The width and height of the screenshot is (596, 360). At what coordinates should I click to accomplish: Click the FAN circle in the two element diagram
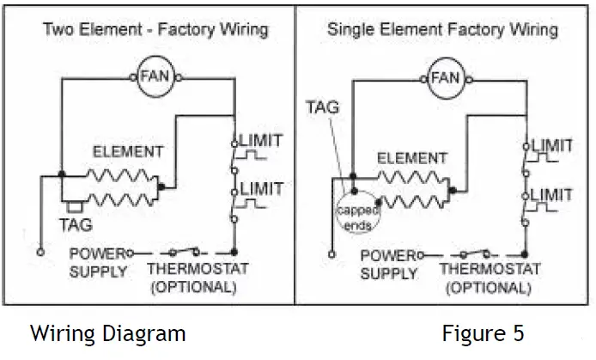155,76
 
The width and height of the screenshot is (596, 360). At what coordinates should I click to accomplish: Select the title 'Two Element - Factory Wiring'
155,30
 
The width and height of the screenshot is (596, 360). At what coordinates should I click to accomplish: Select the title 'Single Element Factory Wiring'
442,30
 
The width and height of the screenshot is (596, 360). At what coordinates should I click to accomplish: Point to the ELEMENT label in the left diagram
128,152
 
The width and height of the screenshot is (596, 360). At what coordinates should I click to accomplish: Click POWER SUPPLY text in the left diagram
97,262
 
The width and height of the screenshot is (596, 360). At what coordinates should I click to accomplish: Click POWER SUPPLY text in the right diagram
388,265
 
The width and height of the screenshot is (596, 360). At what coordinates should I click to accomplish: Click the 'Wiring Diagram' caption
107,333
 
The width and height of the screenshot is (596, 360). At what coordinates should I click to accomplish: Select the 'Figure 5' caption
483,333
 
